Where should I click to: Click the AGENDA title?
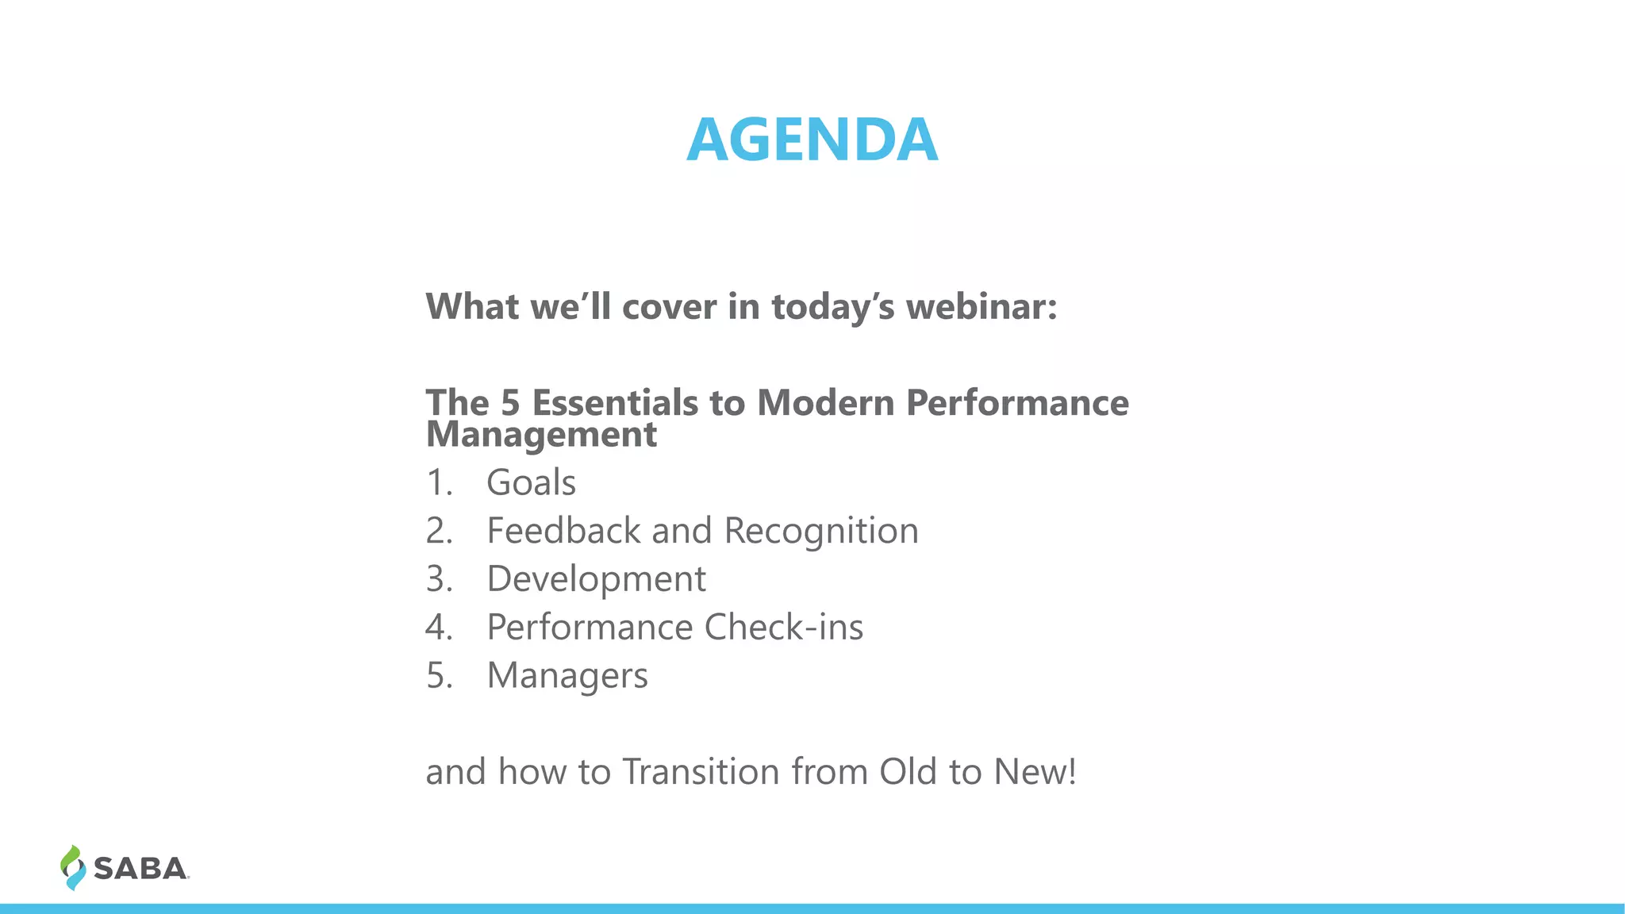[x=812, y=140]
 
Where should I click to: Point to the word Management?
[x=541, y=436]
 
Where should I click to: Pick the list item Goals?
[x=531, y=482]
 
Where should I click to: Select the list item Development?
[x=596, y=579]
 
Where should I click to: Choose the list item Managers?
[x=567, y=676]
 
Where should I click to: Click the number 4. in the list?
[x=439, y=628]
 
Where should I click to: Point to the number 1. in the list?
[x=439, y=482]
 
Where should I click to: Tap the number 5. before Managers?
[x=439, y=676]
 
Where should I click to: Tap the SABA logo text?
[x=140, y=869]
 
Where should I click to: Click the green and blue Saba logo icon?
[x=72, y=867]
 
